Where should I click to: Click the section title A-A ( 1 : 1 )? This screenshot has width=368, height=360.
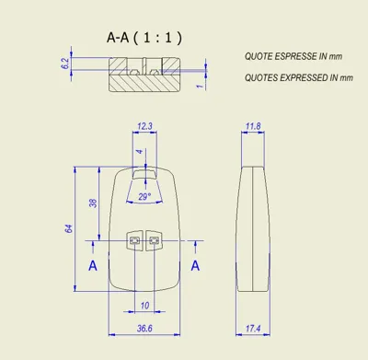(144, 38)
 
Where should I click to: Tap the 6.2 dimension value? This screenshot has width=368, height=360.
(66, 64)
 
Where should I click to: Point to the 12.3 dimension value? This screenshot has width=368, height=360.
(144, 126)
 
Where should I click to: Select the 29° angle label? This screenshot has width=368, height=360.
(144, 196)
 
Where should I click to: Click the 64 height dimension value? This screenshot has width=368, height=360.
(69, 228)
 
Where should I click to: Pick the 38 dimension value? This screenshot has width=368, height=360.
(93, 203)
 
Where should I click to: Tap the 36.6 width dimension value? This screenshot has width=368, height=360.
(144, 329)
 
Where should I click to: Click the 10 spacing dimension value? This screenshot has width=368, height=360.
(144, 306)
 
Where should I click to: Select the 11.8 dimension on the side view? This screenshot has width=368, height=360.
(253, 126)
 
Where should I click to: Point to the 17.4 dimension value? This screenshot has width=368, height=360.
(253, 329)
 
